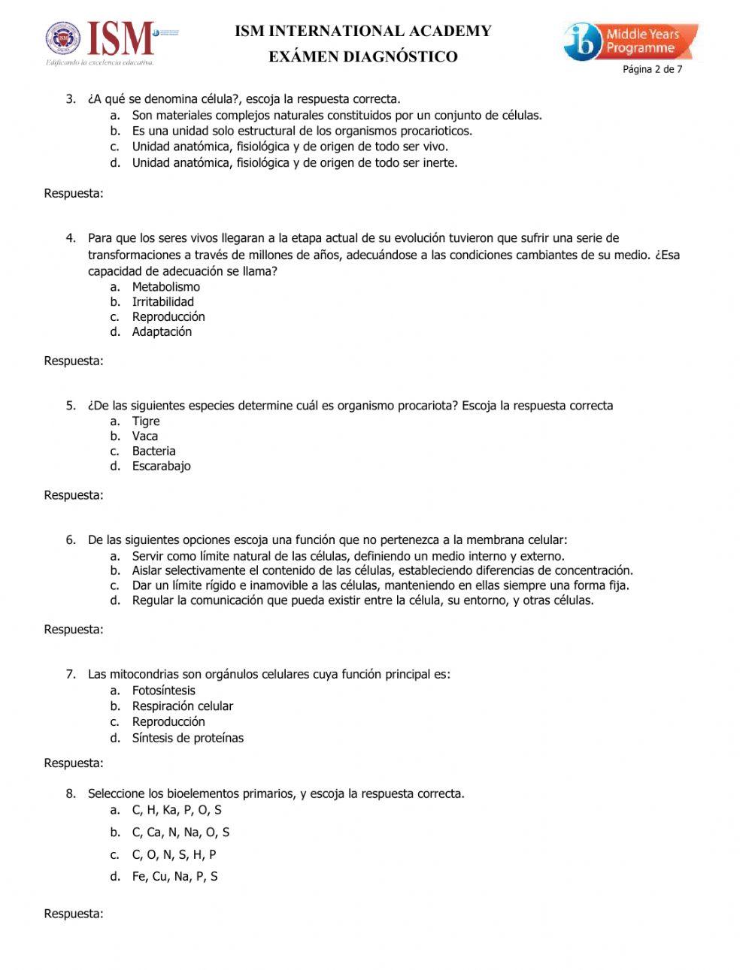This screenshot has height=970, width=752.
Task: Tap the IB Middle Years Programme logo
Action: (x=630, y=42)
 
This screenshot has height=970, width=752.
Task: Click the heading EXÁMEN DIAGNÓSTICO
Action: (x=363, y=57)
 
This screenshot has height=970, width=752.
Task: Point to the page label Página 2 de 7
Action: (x=652, y=70)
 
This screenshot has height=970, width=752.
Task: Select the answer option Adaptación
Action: (x=162, y=332)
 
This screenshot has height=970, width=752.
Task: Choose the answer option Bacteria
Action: (x=153, y=452)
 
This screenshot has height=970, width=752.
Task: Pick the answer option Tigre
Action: (x=146, y=422)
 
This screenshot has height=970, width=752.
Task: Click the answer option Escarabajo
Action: (x=161, y=467)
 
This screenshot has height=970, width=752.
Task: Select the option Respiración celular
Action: (x=182, y=706)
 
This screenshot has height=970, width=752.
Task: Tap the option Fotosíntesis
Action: (x=163, y=690)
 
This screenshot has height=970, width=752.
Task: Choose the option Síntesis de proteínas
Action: (x=187, y=738)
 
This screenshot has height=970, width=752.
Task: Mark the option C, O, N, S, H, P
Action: (x=174, y=854)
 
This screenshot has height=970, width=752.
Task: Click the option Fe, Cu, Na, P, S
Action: (x=174, y=876)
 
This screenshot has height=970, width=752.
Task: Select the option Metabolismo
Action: (x=165, y=287)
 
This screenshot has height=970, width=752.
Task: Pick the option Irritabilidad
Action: (x=162, y=302)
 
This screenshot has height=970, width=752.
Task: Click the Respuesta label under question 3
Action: (x=74, y=194)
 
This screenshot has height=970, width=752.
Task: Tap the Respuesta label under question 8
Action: (x=74, y=914)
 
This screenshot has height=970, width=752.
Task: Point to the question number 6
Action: (x=71, y=540)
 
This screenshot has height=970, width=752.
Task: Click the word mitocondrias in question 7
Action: (x=143, y=674)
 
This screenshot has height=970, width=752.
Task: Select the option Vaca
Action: (x=145, y=437)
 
